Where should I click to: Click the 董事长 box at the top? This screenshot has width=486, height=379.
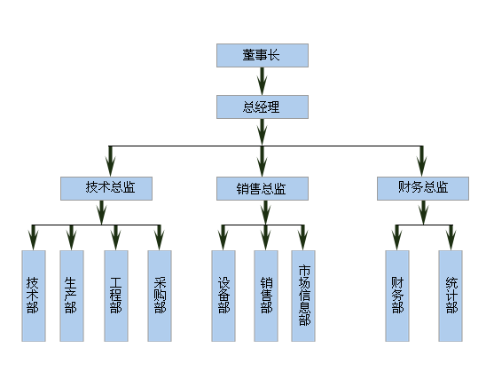click(263, 56)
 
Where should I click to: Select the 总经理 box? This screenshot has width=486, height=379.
click(263, 107)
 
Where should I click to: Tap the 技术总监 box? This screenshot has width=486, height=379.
click(106, 188)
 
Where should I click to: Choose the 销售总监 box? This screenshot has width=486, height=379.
click(263, 188)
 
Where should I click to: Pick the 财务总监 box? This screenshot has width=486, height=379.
click(423, 188)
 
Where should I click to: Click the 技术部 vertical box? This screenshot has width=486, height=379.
click(34, 296)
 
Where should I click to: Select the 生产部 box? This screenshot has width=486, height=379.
click(72, 296)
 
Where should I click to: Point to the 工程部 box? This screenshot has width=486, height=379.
click(116, 296)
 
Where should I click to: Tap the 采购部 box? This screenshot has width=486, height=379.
click(160, 296)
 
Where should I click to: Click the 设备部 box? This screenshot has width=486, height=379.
click(223, 296)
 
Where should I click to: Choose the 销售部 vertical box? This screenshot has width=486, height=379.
click(266, 296)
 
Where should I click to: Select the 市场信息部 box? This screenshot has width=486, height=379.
click(303, 296)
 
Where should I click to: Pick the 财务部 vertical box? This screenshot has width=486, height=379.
click(397, 296)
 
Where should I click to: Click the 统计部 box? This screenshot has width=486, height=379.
click(451, 296)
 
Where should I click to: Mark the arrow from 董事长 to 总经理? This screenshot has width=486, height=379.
click(263, 82)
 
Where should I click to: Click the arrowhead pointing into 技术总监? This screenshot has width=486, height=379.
click(110, 167)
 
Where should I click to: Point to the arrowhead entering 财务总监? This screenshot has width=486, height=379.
click(421, 167)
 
